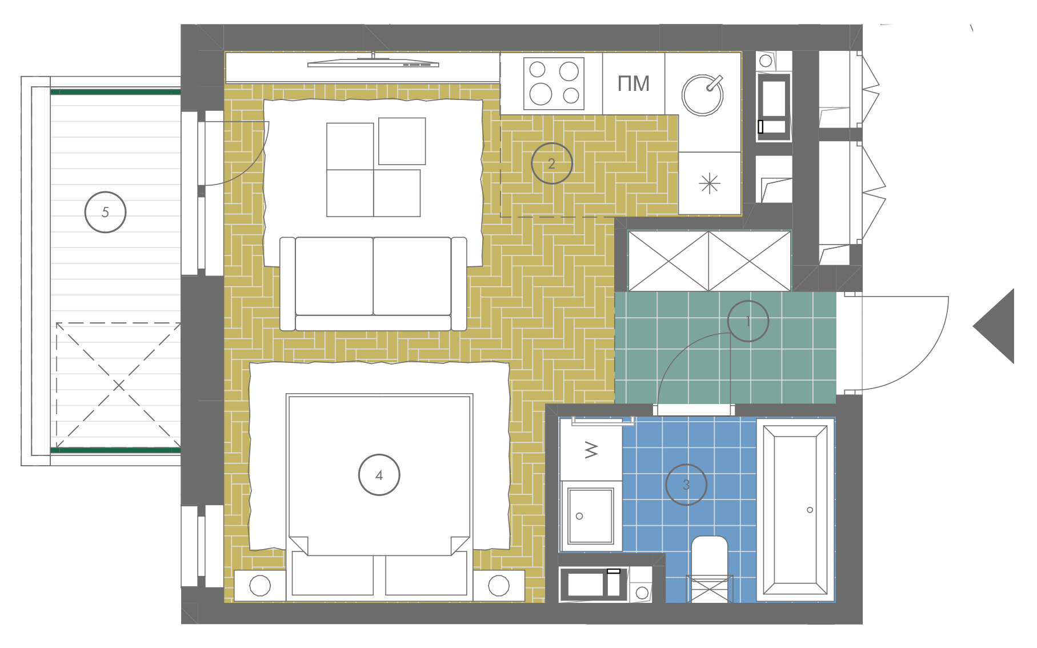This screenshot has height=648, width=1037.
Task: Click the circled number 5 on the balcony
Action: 105,212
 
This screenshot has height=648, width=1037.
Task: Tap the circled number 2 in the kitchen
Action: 551,163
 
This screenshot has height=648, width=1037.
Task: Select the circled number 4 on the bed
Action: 379,475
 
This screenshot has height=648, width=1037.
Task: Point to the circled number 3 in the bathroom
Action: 686,485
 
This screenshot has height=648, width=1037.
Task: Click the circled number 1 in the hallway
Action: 748,321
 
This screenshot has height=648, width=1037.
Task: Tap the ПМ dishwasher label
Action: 634,84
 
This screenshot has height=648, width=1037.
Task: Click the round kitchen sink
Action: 703,95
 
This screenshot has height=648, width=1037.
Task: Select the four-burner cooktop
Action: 554,83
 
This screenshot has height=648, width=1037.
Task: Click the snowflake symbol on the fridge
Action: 710,183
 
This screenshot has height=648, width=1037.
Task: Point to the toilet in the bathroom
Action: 710,569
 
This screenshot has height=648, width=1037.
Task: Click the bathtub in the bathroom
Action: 795,510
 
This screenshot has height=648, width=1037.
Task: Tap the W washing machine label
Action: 591,450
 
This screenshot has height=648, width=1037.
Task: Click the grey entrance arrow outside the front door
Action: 994,326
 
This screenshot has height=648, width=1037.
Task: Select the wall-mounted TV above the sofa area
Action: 373,63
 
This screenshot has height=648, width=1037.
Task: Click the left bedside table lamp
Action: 260,586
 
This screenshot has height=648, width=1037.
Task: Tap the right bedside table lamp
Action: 499,586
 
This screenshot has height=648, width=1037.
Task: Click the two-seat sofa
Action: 373,284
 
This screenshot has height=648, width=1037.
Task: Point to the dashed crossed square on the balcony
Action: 118,386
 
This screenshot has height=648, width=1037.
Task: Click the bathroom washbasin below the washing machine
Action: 591,516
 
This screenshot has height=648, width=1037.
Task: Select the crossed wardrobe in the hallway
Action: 709,261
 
